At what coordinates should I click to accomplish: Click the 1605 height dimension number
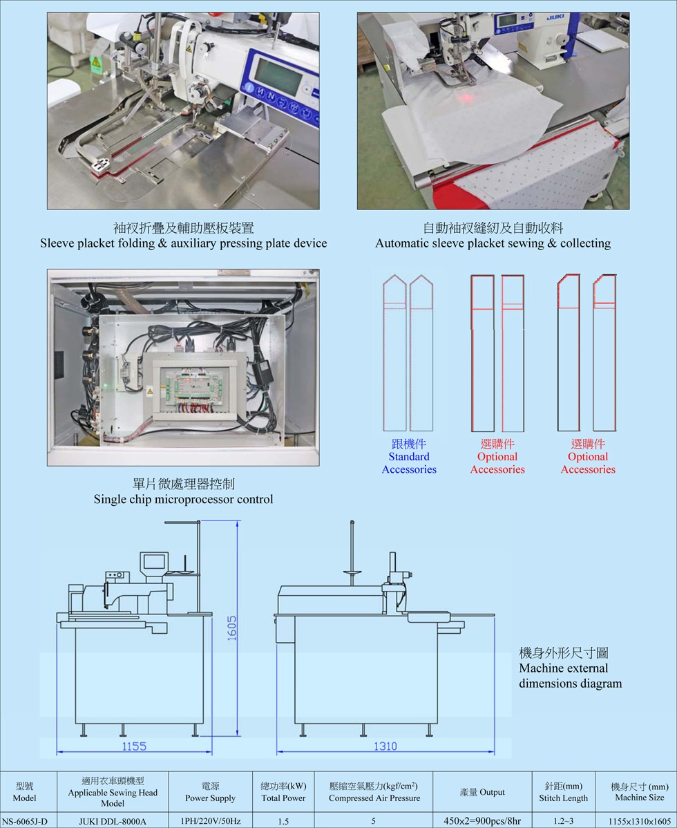click(231, 628)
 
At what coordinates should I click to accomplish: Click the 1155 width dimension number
click(134, 746)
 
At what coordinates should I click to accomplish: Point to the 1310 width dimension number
click(385, 746)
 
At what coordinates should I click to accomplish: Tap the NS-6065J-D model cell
click(25, 821)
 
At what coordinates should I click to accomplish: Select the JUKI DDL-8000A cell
click(113, 821)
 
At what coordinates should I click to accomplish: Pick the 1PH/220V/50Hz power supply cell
click(210, 821)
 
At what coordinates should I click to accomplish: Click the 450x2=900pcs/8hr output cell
click(482, 821)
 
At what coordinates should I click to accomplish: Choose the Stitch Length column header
click(564, 792)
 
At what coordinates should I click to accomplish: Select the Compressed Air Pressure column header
click(374, 792)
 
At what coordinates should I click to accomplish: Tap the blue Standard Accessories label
click(409, 457)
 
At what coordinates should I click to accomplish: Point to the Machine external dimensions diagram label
click(570, 668)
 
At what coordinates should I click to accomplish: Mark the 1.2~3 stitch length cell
click(564, 821)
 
